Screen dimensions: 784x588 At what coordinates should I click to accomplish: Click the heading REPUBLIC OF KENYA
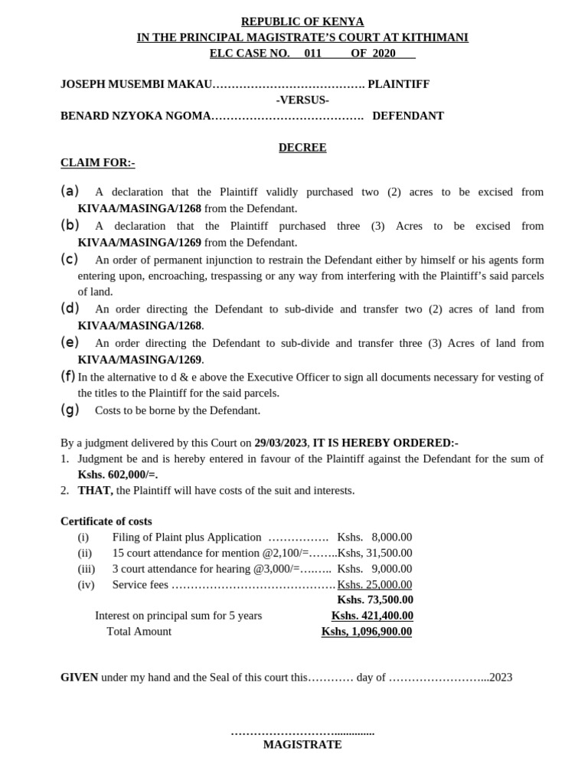(x=302, y=21)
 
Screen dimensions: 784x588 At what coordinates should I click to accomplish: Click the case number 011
(x=312, y=53)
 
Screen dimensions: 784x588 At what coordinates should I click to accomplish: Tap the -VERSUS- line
(x=302, y=100)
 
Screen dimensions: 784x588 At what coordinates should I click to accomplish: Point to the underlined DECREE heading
(x=302, y=148)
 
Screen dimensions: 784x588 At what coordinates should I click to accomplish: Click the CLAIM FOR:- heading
(x=97, y=163)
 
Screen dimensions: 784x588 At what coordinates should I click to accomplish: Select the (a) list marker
(x=70, y=191)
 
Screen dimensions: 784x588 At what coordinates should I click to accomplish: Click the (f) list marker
(x=68, y=376)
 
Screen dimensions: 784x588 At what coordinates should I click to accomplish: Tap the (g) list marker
(x=70, y=410)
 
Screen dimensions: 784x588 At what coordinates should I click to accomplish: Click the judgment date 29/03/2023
(x=281, y=443)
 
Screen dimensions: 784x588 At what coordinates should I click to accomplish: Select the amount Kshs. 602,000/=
(x=117, y=475)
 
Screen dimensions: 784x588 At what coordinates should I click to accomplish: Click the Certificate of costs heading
(x=106, y=521)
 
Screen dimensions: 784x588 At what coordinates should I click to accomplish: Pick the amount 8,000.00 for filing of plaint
(x=391, y=537)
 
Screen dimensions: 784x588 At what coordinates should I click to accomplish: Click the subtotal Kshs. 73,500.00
(x=375, y=599)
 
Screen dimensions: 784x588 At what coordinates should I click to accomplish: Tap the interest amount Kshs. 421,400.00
(x=372, y=616)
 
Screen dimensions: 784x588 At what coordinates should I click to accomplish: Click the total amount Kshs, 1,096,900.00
(x=367, y=632)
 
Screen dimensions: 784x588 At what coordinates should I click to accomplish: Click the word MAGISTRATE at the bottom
(x=302, y=744)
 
